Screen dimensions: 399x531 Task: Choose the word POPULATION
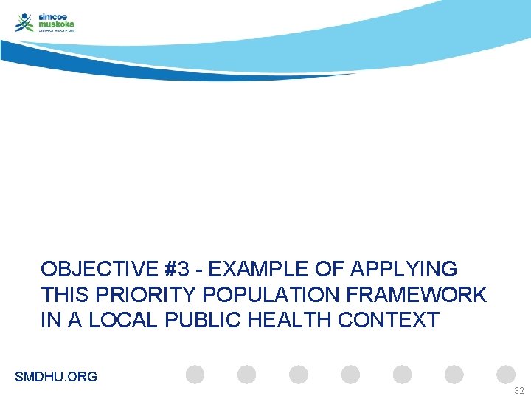pyautogui.click(x=267, y=295)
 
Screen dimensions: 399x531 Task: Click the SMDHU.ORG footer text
pyautogui.click(x=56, y=377)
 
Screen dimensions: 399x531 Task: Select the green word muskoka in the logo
pyautogui.click(x=57, y=24)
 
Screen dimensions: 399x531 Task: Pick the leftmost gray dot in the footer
pyautogui.click(x=195, y=375)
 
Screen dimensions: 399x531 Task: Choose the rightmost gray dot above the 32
pyautogui.click(x=506, y=375)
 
